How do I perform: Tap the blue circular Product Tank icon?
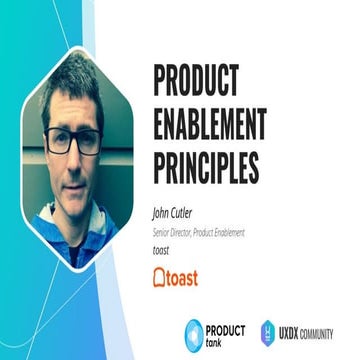[x=196, y=333]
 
